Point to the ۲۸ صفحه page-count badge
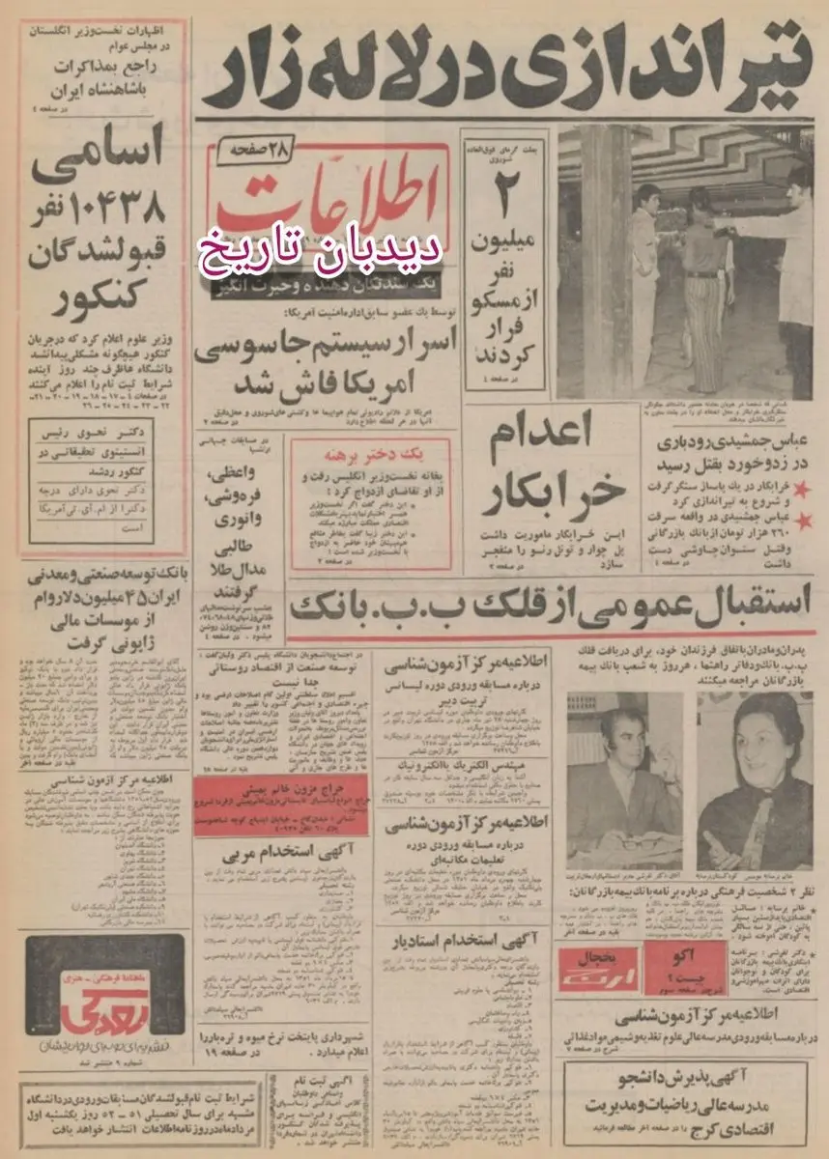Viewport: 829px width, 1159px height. point(252,151)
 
